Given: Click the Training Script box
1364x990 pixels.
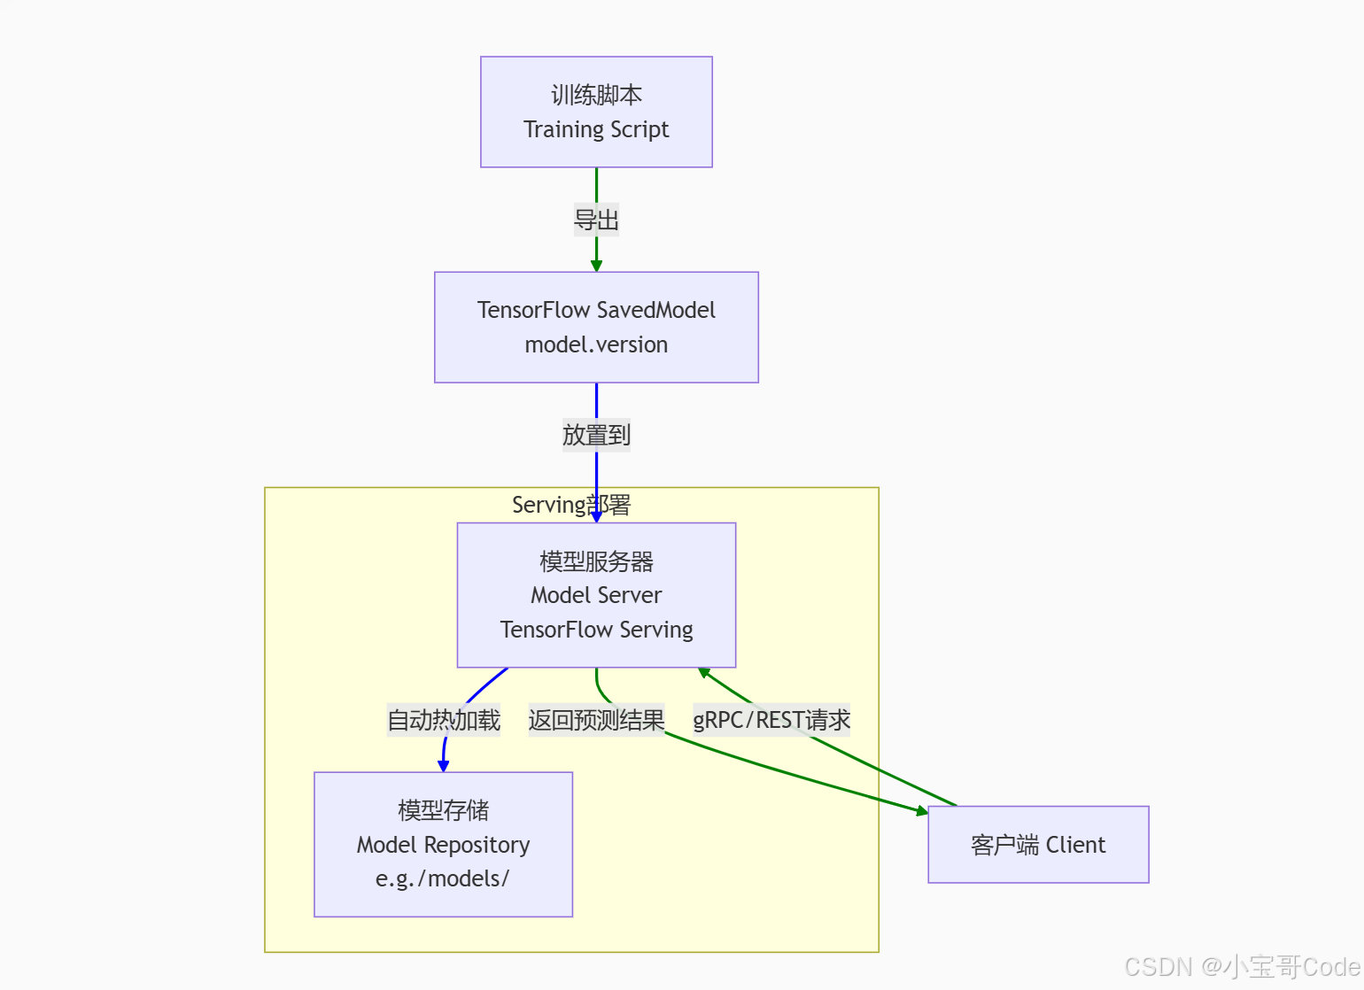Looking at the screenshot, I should pos(596,112).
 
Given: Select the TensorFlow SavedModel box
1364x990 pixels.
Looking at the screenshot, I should pos(596,327).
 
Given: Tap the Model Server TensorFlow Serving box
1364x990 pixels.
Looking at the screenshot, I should pos(596,595).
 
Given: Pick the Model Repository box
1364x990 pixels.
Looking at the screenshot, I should pos(443,844).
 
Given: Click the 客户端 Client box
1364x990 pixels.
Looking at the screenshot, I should pos(1038,845).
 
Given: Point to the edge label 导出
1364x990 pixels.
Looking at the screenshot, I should pos(596,220).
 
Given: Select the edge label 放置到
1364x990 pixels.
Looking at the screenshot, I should pos(596,435).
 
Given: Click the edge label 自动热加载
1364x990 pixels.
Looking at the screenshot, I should pos(444,720).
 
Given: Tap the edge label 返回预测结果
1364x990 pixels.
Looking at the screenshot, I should pos(596,720).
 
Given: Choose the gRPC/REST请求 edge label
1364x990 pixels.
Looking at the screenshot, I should pos(771,720).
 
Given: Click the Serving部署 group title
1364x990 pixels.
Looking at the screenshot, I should pos(571,505).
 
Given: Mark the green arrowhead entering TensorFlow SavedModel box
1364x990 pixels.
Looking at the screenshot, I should pos(596,266).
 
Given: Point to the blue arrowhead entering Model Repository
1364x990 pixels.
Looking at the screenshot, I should pos(444,766).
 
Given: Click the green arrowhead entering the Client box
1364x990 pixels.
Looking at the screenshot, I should pos(921,811).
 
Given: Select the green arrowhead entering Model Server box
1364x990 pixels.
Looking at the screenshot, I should pos(704,673).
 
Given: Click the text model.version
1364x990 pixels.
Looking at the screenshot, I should pos(596,344).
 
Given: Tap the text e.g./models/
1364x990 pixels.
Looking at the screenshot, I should pos(443,878).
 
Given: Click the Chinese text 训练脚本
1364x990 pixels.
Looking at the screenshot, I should pos(596,95).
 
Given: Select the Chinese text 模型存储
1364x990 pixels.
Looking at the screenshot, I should pos(443,810).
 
